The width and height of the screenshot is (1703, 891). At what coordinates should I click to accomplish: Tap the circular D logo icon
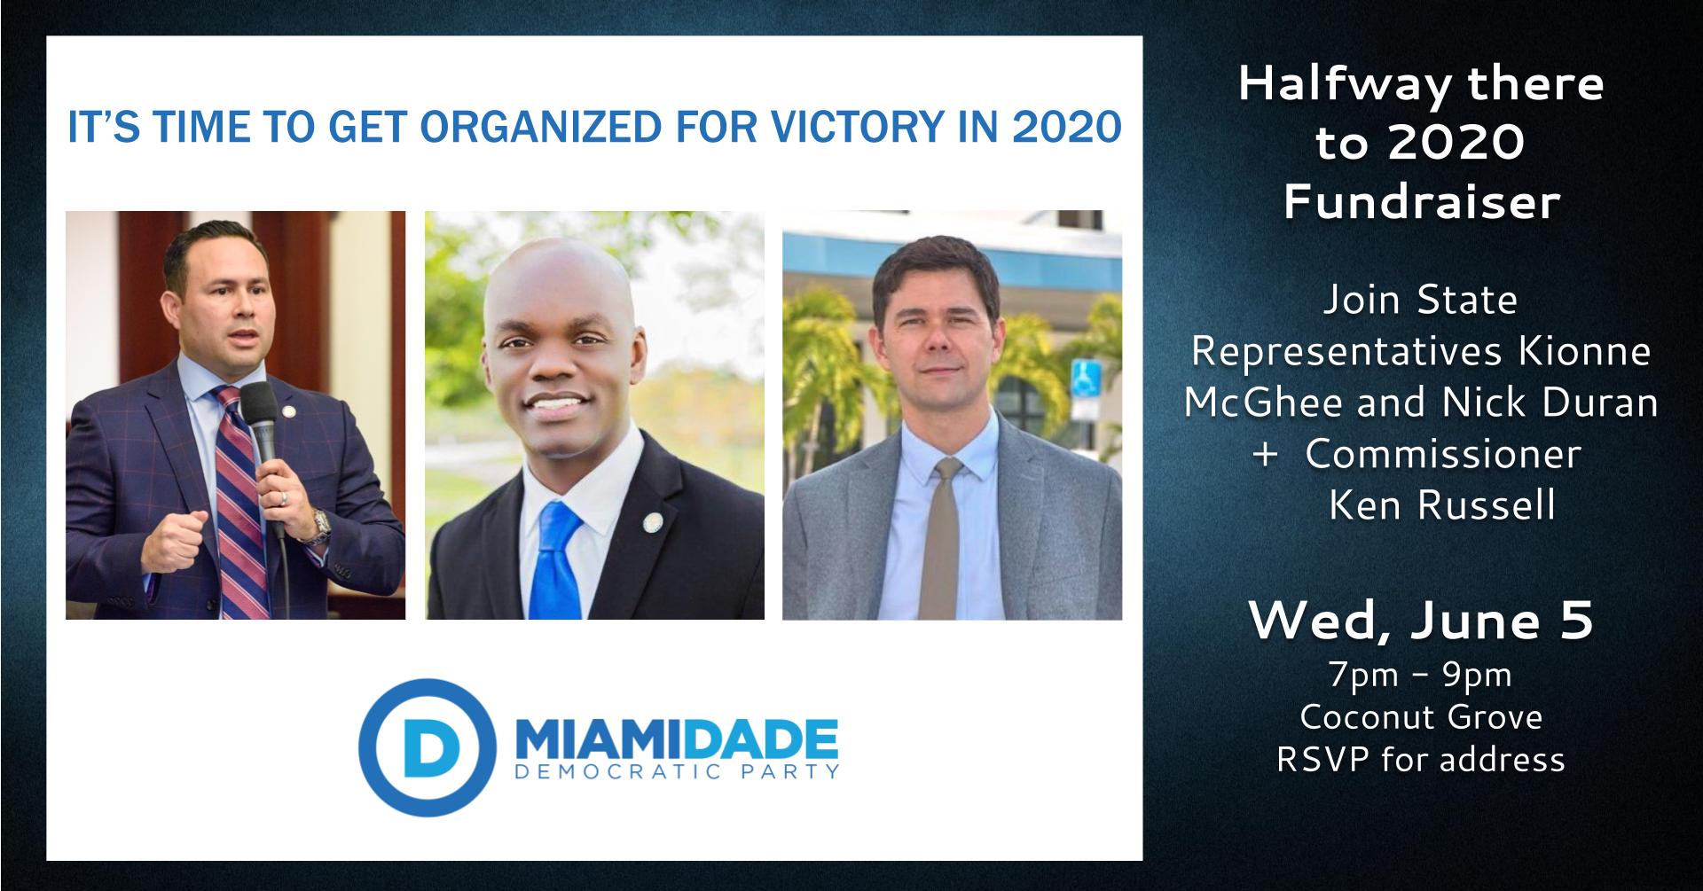[427, 746]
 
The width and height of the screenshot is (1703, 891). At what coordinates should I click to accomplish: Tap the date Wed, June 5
[1421, 622]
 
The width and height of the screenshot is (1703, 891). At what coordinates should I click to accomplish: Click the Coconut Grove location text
[1421, 716]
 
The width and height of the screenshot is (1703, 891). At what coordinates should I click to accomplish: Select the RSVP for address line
[1421, 759]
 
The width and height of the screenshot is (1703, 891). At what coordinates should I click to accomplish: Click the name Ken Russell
[1441, 504]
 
